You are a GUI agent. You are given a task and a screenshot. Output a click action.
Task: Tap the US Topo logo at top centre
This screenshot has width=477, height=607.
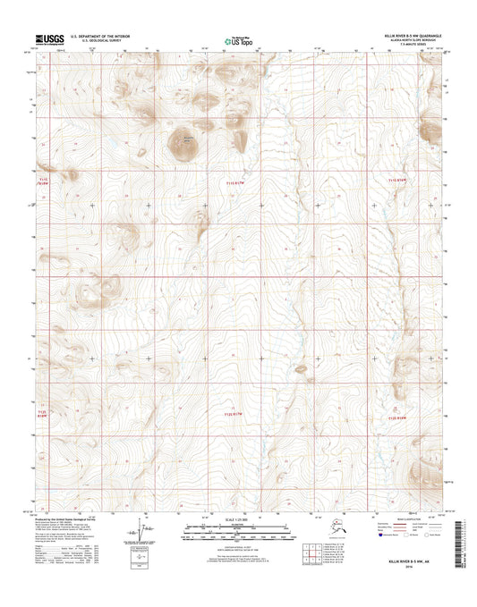click(x=238, y=39)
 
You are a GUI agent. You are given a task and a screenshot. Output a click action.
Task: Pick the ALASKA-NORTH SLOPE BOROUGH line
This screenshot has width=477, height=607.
click(x=413, y=41)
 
